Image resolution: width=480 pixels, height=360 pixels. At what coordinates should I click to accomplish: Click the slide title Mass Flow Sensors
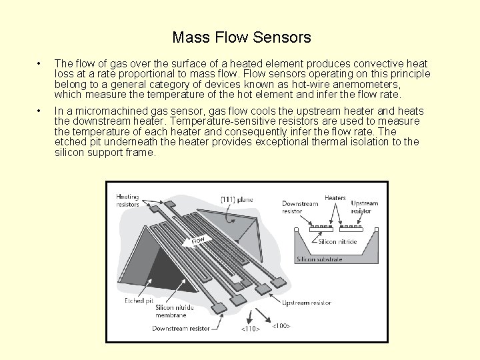point(241,37)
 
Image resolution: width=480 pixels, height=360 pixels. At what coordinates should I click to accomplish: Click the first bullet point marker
point(41,64)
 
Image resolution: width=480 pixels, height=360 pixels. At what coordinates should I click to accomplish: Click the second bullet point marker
point(41,111)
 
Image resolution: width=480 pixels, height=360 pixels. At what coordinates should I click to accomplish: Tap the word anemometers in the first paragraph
point(365,84)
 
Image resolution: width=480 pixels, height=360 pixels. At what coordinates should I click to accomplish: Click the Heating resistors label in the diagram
point(127,201)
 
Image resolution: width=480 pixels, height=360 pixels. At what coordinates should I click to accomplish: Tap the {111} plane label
point(237,199)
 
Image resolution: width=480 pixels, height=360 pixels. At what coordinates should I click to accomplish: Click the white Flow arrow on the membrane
point(198,239)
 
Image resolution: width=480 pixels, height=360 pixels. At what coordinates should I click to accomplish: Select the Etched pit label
point(139,301)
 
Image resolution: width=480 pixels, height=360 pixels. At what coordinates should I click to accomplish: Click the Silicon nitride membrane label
point(175,311)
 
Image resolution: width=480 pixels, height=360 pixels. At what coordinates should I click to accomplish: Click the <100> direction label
point(281,326)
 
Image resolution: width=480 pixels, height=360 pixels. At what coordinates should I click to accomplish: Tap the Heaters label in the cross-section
point(335,197)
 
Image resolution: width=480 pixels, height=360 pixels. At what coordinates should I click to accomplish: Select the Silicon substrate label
point(319,259)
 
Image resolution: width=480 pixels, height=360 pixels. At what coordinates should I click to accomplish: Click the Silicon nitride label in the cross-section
point(337,242)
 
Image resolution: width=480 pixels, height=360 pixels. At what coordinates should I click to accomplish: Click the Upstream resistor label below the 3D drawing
point(306,303)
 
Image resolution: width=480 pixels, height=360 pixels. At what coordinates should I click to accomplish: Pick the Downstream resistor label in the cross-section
point(301,207)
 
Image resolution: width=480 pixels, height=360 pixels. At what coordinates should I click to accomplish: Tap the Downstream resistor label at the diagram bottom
point(181,328)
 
